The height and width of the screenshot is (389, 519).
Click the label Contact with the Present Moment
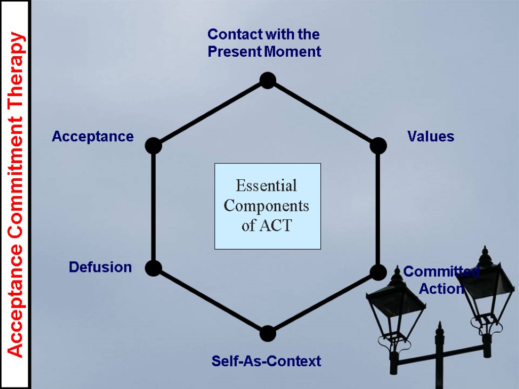tap(264, 43)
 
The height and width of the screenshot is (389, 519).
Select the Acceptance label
tap(93, 137)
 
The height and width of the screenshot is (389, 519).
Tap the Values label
tap(431, 137)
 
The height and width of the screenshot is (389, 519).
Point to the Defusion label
tap(100, 267)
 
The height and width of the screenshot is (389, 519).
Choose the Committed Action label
tap(441, 280)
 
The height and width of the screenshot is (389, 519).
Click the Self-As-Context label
tap(266, 361)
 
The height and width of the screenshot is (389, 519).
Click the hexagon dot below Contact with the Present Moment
tap(267, 80)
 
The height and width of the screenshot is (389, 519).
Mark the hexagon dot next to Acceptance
tap(153, 146)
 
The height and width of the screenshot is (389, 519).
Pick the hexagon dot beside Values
tap(378, 146)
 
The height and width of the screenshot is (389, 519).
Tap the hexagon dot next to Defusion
tap(153, 268)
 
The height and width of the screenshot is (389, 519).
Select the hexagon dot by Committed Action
tap(378, 272)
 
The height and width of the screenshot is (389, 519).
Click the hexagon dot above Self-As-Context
tap(267, 333)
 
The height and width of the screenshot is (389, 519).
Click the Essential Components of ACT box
tap(268, 206)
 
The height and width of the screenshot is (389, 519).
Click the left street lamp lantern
tap(395, 309)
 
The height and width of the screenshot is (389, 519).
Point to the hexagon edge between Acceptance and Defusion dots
tap(153, 207)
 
